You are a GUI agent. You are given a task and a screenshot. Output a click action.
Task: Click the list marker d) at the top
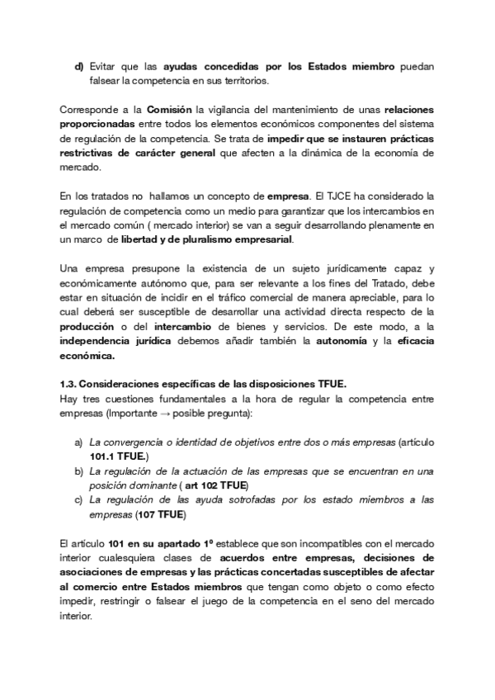point(79,66)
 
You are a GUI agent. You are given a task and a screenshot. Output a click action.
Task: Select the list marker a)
point(79,443)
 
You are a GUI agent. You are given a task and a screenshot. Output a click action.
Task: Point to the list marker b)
point(79,471)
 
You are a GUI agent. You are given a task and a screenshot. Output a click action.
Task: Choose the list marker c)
point(79,499)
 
